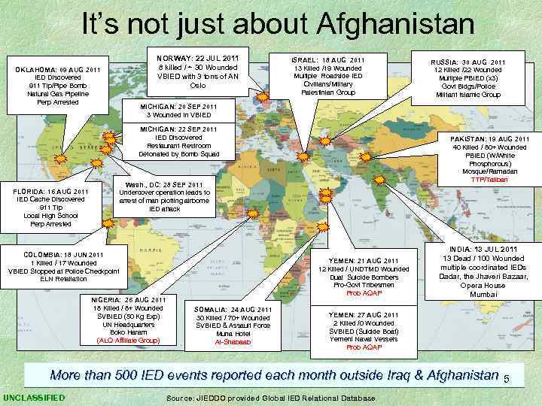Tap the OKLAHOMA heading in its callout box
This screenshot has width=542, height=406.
[x=58, y=69]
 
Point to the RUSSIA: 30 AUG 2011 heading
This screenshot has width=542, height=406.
[x=468, y=62]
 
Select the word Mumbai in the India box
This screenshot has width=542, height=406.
[x=484, y=295]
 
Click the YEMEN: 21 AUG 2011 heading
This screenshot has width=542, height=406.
[x=364, y=260]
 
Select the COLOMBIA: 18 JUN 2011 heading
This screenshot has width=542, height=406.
[x=64, y=254]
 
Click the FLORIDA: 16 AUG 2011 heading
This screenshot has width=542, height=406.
[x=52, y=191]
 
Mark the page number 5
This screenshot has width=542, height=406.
[x=507, y=377]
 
